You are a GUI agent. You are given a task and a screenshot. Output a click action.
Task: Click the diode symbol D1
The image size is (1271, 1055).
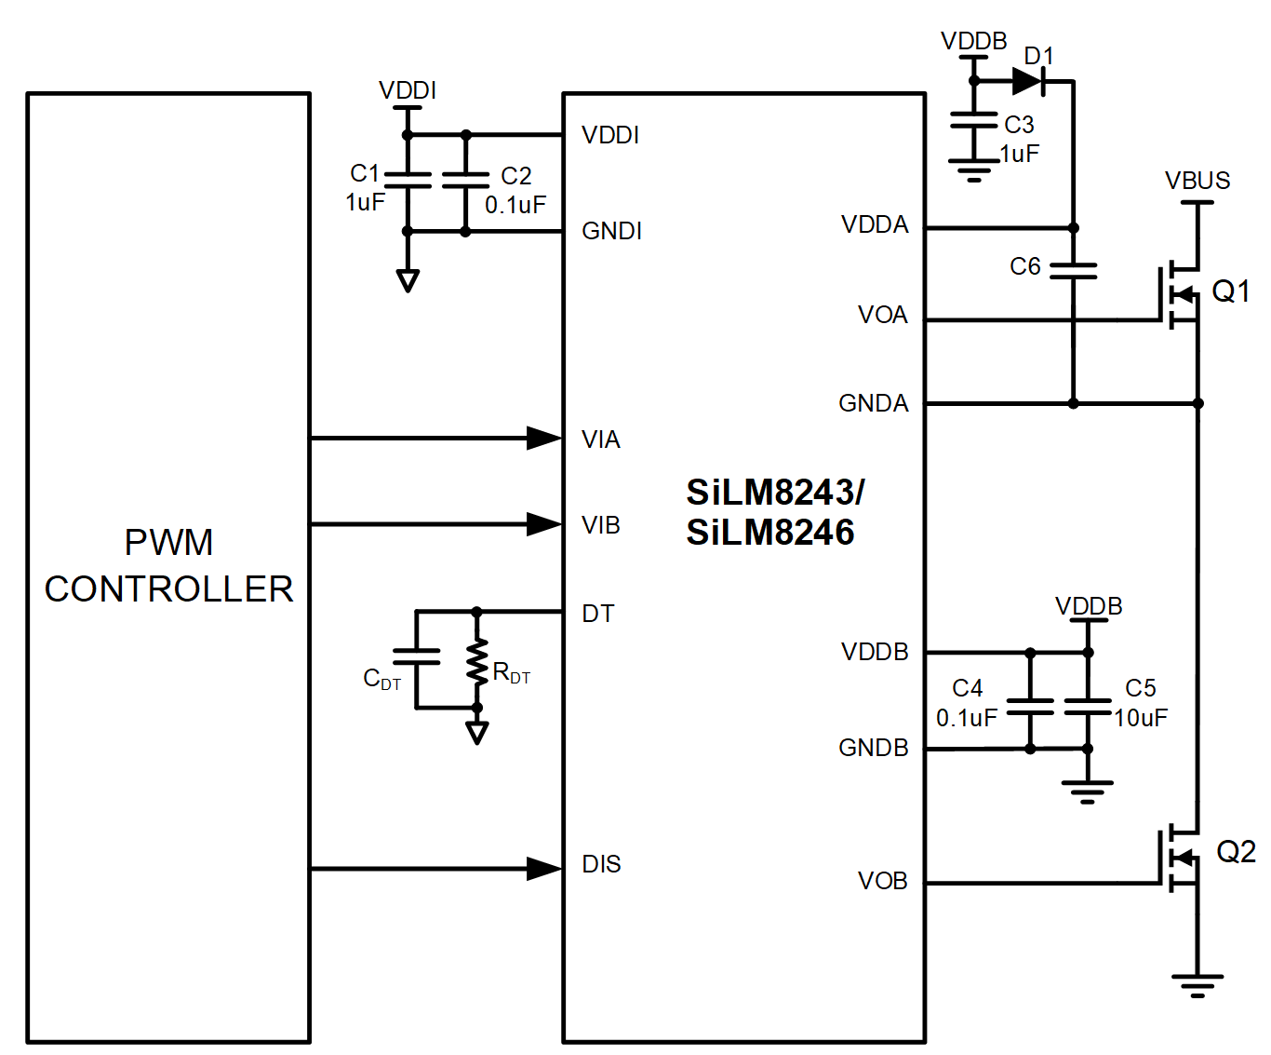coord(1027,82)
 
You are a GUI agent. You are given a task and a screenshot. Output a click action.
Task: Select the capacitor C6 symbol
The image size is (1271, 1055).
coord(1073,270)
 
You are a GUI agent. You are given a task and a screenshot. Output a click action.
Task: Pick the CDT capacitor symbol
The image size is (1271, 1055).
coord(416,656)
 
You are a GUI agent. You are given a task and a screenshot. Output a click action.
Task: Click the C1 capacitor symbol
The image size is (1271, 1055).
coord(408,180)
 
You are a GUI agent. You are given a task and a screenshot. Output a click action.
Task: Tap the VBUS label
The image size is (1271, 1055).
coord(1197,181)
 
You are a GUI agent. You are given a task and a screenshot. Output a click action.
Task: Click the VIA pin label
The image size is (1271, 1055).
coord(600,440)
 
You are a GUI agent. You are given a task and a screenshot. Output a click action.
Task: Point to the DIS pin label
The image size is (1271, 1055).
coord(601,864)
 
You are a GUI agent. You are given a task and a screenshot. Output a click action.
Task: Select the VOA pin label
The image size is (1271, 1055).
coord(882,315)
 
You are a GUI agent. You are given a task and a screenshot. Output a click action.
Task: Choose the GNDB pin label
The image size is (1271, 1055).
coord(873,748)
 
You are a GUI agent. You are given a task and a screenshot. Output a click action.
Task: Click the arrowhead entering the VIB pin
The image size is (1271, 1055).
coord(544,524)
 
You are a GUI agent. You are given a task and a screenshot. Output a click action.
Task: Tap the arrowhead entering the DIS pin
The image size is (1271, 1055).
coord(544,869)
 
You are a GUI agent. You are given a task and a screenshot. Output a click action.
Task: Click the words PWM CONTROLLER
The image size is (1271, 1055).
coord(168,565)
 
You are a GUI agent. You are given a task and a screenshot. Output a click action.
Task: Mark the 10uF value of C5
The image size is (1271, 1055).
coord(1141,718)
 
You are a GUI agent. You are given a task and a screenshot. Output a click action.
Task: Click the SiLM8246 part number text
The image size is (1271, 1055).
coord(770,533)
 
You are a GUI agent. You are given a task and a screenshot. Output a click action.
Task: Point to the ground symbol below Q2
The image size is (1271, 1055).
coord(1197,985)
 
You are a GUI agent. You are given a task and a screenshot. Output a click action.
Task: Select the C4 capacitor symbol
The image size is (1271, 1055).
coord(1030,707)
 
